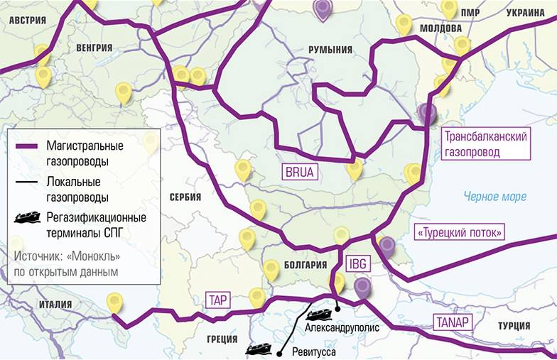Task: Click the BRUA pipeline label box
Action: pos(298,171)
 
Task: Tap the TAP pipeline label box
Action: pos(218,300)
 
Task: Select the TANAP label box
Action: pos(453,322)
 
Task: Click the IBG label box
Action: pos(357,263)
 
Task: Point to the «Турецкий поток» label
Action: pos(460,231)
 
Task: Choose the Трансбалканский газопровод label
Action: pos(485,144)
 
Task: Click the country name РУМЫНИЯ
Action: pos(330,49)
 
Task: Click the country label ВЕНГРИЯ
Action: pos(94,48)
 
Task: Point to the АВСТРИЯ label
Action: pos(27,21)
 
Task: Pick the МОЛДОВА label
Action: pos(440,28)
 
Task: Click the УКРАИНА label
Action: pos(526,13)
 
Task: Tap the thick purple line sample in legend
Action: pos(29,146)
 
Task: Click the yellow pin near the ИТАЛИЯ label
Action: pos(114,303)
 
